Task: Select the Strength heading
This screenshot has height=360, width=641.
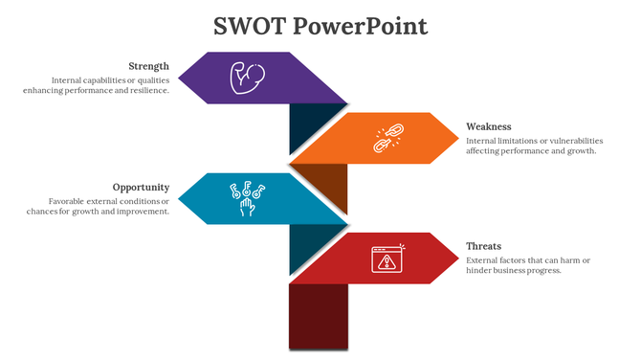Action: point(148,66)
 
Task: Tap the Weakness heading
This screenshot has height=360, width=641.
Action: point(488,126)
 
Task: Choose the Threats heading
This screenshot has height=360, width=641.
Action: point(483,246)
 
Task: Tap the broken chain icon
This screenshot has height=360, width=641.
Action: point(386,139)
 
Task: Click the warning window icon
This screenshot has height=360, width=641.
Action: point(386,259)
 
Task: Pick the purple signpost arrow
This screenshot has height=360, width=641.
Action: point(277,78)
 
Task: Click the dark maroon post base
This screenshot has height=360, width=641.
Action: point(318,316)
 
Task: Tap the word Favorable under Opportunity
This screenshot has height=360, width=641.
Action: point(68,201)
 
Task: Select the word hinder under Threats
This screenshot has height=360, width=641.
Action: point(480,271)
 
